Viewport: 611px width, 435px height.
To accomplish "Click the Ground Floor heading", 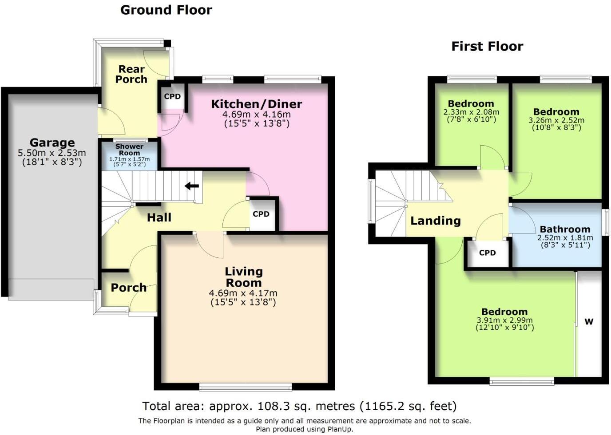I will (x=166, y=10).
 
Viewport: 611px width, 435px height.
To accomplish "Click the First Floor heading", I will (x=487, y=46).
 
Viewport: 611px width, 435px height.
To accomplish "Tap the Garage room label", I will (x=52, y=142).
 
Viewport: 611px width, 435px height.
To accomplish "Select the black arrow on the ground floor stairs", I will (x=192, y=186).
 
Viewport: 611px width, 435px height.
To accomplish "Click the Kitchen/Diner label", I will (x=256, y=104).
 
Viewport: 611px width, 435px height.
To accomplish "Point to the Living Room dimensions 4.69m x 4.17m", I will (x=243, y=293).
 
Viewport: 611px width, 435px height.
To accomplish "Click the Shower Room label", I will (x=129, y=150).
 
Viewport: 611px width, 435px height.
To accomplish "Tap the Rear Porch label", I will (x=131, y=74).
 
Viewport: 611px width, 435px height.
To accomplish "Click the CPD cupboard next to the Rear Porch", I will (x=172, y=96).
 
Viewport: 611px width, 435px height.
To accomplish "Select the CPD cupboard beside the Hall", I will (x=261, y=214).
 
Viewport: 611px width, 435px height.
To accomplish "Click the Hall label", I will (x=159, y=217).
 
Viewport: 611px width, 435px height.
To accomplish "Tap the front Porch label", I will (x=128, y=288).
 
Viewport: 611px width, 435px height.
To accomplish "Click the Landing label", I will (x=435, y=221).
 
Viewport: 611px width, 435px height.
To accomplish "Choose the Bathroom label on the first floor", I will (x=565, y=229).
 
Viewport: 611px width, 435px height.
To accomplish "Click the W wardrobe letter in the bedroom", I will (x=589, y=322).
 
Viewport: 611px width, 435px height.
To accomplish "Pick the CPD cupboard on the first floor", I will (x=487, y=253).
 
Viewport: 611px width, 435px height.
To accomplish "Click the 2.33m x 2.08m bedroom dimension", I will (x=471, y=112).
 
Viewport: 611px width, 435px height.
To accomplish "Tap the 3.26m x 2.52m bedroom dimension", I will (x=556, y=120).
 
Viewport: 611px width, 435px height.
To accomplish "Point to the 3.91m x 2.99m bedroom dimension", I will (x=504, y=320).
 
